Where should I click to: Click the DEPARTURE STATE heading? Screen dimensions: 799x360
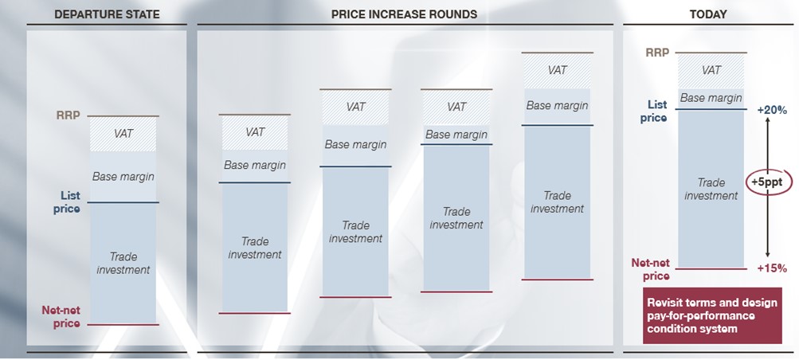pyautogui.click(x=107, y=14)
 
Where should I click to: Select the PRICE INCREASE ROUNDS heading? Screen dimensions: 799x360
pyautogui.click(x=404, y=14)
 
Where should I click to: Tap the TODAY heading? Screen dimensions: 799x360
pyautogui.click(x=708, y=14)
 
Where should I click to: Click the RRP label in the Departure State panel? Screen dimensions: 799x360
pyautogui.click(x=68, y=115)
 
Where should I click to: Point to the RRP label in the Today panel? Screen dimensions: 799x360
pyautogui.click(x=657, y=52)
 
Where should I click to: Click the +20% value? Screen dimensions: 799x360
pyautogui.click(x=773, y=109)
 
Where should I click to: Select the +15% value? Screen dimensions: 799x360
pyautogui.click(x=773, y=268)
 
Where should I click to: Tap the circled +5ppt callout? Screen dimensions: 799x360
pyautogui.click(x=769, y=182)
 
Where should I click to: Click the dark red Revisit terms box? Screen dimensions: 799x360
pyautogui.click(x=712, y=315)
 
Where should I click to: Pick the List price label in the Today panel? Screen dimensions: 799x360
pyautogui.click(x=657, y=111)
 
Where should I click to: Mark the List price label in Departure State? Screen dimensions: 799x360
pyautogui.click(x=70, y=202)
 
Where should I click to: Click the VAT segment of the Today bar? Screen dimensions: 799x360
pyautogui.click(x=711, y=71)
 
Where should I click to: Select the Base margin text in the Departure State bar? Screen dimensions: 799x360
pyautogui.click(x=123, y=177)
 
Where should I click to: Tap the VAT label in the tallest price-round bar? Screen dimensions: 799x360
pyautogui.click(x=558, y=70)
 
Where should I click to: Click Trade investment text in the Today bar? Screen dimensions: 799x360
pyautogui.click(x=711, y=189)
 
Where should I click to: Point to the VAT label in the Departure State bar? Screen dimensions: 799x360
pyautogui.click(x=123, y=134)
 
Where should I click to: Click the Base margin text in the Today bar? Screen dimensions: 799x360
pyautogui.click(x=711, y=98)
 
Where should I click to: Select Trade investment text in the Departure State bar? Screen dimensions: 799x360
pyautogui.click(x=123, y=264)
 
